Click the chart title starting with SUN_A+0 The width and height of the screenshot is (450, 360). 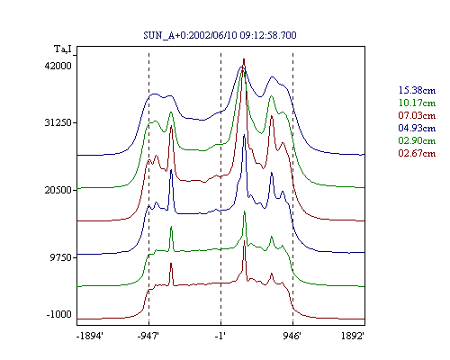click(220, 35)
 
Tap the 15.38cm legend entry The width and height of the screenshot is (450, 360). click(417, 90)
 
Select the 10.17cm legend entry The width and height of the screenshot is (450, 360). click(417, 103)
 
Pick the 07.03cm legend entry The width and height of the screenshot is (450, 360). click(417, 115)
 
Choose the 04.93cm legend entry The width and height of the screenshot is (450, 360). click(417, 128)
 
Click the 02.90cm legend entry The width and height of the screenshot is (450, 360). click(417, 140)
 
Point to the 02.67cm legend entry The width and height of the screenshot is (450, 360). click(417, 153)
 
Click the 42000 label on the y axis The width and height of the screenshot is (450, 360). click(58, 66)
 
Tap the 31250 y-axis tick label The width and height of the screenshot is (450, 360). click(58, 122)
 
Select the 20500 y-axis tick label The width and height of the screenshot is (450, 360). click(58, 190)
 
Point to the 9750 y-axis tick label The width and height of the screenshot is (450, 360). click(61, 257)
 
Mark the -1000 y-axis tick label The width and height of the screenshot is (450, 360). click(59, 314)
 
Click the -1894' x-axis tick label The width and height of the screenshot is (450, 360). click(90, 336)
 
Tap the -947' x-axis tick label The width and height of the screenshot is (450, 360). click(148, 336)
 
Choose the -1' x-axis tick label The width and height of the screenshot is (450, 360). click(220, 336)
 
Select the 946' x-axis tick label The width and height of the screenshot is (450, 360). click(292, 336)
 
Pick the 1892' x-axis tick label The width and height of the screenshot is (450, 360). click(353, 336)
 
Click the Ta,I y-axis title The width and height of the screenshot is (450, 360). click(63, 49)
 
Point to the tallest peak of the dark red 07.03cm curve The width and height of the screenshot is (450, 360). click(244, 59)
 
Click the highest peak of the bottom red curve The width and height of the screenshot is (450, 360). click(244, 241)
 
